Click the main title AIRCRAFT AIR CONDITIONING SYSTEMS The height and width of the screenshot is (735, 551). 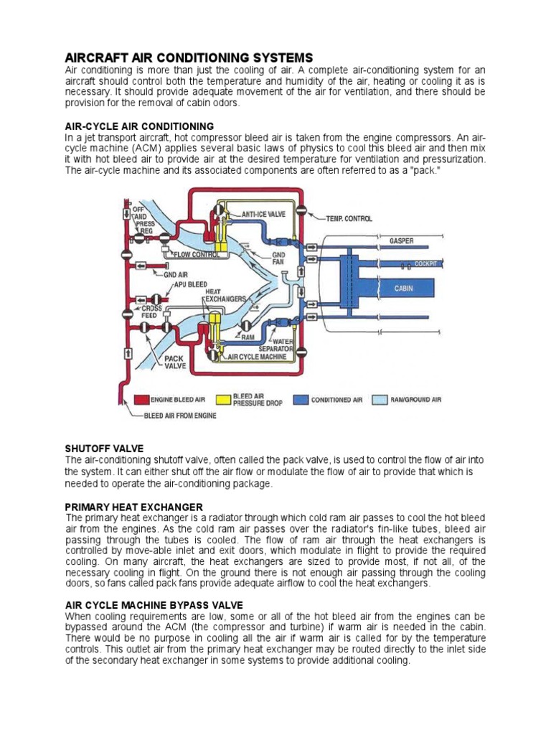pyautogui.click(x=189, y=57)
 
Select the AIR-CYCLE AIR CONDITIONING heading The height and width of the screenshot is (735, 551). pyautogui.click(x=139, y=126)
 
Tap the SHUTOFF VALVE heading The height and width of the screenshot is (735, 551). pyautogui.click(x=104, y=448)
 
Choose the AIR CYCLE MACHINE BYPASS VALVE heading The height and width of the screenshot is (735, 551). pyautogui.click(x=154, y=605)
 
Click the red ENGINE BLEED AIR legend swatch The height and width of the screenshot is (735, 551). pyautogui.click(x=141, y=400)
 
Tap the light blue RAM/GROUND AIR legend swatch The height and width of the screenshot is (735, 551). pyautogui.click(x=381, y=400)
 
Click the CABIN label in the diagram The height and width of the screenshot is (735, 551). pyautogui.click(x=404, y=289)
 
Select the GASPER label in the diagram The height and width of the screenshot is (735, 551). pyautogui.click(x=401, y=240)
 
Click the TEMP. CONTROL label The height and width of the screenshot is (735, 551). pyautogui.click(x=349, y=217)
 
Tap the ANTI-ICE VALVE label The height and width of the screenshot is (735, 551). pyautogui.click(x=263, y=214)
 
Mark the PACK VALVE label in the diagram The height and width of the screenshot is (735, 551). pyautogui.click(x=175, y=361)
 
